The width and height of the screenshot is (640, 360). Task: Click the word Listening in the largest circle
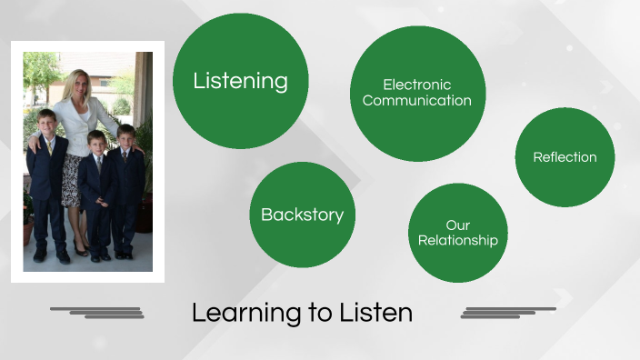point(240,81)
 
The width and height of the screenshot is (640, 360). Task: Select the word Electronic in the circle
point(416,85)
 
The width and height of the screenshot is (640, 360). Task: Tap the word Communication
point(416,101)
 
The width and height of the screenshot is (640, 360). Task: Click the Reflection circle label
point(565,157)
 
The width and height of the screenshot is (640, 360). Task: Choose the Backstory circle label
point(302,215)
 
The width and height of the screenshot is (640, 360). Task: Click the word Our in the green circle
point(457,225)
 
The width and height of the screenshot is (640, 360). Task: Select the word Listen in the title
point(378,314)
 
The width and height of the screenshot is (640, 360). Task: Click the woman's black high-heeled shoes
point(80,251)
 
